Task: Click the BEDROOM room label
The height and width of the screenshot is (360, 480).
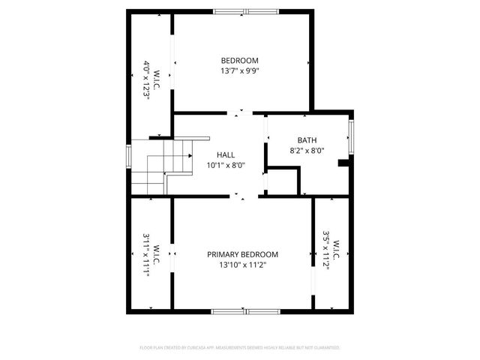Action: [x=239, y=61]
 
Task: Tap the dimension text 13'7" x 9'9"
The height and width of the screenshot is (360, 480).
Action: [x=239, y=71]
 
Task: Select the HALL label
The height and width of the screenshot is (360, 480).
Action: [x=226, y=154]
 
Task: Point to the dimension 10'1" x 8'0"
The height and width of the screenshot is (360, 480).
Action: [x=226, y=166]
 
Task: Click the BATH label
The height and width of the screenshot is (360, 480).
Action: [x=307, y=140]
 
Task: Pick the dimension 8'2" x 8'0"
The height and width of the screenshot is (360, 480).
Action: [x=307, y=151]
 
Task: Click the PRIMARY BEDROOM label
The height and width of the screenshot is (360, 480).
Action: [x=242, y=254]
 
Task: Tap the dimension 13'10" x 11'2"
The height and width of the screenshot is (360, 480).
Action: [x=242, y=265]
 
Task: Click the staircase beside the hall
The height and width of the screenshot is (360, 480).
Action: [x=161, y=166]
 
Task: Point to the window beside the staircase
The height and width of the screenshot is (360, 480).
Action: [x=129, y=156]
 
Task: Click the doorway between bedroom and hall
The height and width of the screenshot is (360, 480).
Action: [x=240, y=114]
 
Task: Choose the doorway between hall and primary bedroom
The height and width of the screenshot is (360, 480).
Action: [x=241, y=196]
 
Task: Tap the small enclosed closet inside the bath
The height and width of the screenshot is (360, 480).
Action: [x=283, y=182]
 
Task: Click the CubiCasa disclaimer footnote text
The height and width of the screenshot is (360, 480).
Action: [x=240, y=348]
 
